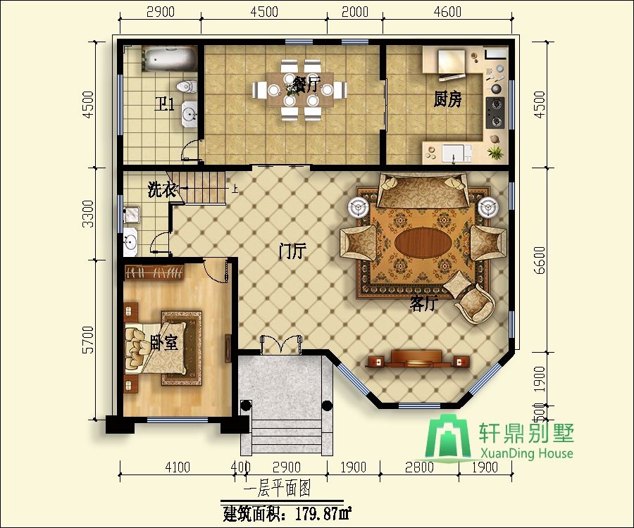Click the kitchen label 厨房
click(x=447, y=100)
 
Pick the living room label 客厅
click(x=424, y=304)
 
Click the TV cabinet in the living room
click(x=418, y=359)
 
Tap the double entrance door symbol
click(x=282, y=344)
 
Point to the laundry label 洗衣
click(x=161, y=189)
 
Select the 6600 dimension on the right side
click(x=540, y=260)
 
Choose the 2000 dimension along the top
click(x=354, y=12)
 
